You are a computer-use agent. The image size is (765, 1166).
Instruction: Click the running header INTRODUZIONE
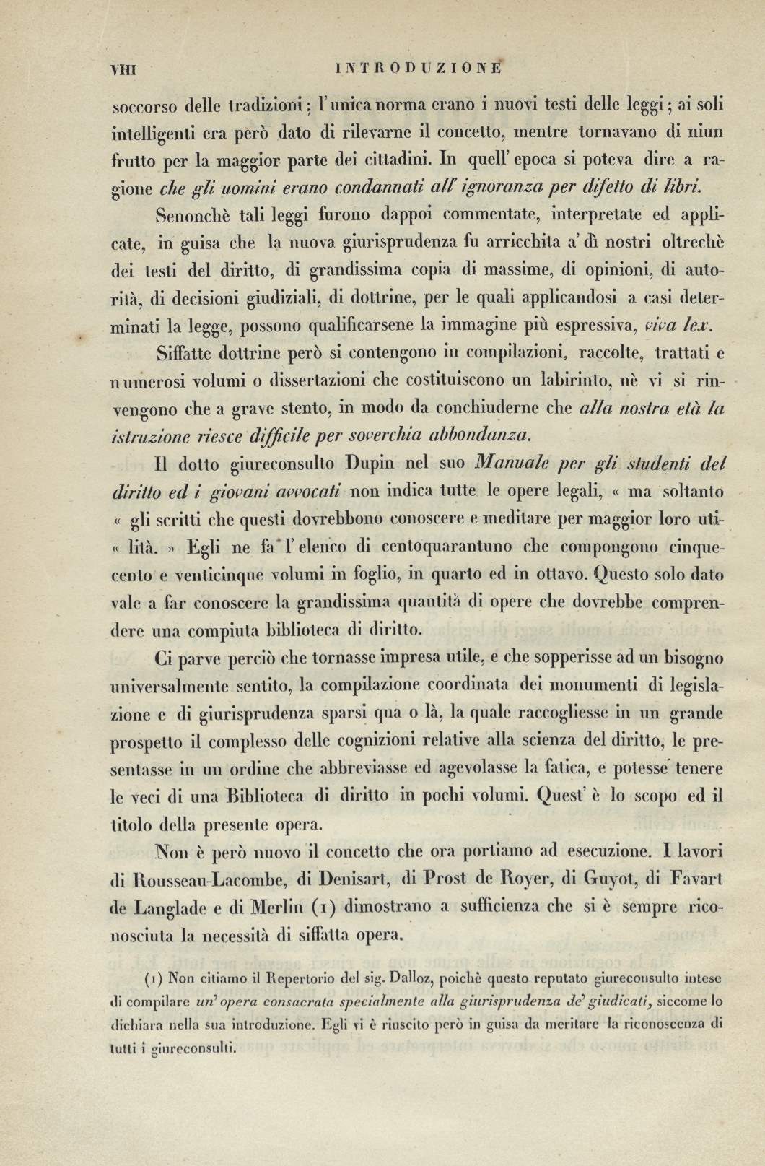[x=419, y=69]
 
